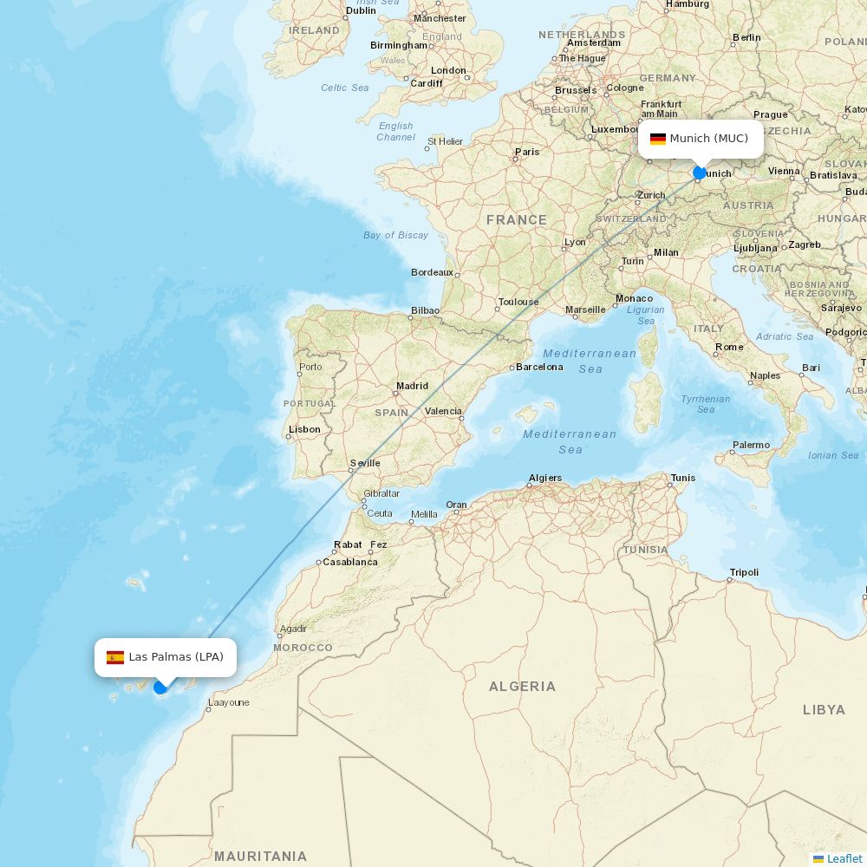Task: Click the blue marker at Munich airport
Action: [700, 173]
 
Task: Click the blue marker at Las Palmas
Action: [160, 688]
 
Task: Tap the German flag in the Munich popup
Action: [658, 139]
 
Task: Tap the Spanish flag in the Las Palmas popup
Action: [115, 657]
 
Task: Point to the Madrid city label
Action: [412, 386]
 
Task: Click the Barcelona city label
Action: [539, 367]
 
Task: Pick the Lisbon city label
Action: [304, 429]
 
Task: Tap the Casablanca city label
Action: [350, 562]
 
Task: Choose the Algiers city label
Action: [545, 478]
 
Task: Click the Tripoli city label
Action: [744, 572]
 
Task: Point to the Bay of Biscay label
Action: [396, 235]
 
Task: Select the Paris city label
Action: [527, 152]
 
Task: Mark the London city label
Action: [448, 70]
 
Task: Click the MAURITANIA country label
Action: [260, 856]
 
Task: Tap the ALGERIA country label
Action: [522, 687]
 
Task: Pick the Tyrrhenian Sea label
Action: [706, 404]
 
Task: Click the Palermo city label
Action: [751, 445]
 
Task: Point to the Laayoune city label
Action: [229, 702]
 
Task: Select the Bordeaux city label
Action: [432, 272]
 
